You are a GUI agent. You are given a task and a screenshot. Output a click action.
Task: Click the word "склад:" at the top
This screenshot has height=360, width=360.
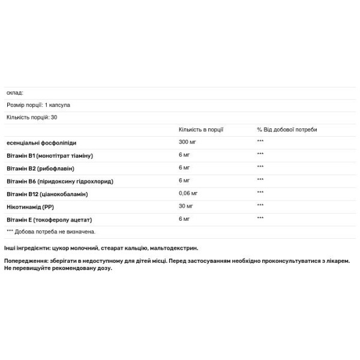[x=14, y=93]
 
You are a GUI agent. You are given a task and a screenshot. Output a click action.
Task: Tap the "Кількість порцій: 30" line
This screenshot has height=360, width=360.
[x=31, y=117]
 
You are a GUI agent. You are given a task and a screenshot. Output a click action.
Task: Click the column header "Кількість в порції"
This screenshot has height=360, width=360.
[x=201, y=130]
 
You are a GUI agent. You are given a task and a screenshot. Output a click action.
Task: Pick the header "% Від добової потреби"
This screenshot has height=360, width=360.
[x=287, y=130]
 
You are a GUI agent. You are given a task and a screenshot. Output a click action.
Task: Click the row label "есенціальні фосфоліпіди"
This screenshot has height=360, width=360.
[x=41, y=143]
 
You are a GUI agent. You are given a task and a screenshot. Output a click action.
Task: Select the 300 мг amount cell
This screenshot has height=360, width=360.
[x=188, y=142]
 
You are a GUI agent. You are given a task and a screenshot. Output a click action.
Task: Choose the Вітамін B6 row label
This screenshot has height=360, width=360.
[x=59, y=181]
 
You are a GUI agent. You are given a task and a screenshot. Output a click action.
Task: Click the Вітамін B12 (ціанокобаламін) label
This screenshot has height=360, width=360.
[x=47, y=194]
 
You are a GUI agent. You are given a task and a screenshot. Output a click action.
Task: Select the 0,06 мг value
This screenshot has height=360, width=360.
[x=190, y=193]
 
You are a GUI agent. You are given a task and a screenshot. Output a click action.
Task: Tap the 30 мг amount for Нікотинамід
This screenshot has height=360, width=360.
[x=186, y=206]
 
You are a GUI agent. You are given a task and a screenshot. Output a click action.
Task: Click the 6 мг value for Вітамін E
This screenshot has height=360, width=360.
[x=184, y=219]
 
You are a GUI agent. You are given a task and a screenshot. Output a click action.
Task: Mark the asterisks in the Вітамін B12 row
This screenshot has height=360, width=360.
[x=260, y=193]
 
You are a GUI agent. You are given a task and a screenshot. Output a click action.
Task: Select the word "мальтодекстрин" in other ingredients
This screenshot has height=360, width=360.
[x=175, y=248]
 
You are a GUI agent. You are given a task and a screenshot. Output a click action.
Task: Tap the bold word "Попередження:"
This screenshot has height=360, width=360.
[x=26, y=262]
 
